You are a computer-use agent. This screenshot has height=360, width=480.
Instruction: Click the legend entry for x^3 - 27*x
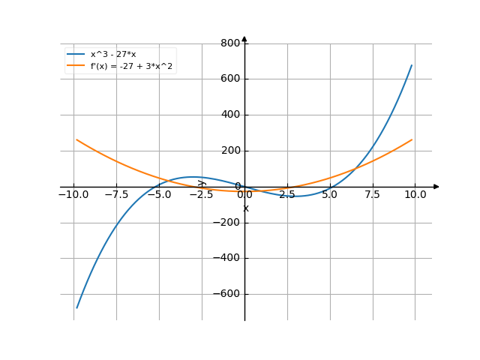pyautogui.click(x=113, y=55)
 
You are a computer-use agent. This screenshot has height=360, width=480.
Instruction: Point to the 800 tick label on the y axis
pyautogui.click(x=229, y=43)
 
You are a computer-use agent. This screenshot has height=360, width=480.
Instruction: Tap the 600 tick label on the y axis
pyautogui.click(x=229, y=79)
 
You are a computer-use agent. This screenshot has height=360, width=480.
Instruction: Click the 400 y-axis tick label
pyautogui.click(x=229, y=115)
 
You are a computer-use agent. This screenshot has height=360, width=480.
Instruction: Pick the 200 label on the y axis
pyautogui.click(x=229, y=151)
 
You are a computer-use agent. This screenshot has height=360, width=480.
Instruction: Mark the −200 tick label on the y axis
pyautogui.click(x=226, y=223)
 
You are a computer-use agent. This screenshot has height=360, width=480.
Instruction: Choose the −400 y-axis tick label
pyautogui.click(x=226, y=258)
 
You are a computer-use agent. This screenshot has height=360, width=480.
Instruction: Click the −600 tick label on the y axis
pyautogui.click(x=226, y=294)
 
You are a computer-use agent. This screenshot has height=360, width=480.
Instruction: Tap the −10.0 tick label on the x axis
pyautogui.click(x=73, y=194)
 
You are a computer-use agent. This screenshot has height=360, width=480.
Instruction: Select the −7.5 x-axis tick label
pyautogui.click(x=116, y=194)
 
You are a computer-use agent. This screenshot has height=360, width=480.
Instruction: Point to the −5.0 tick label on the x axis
pyautogui.click(x=159, y=194)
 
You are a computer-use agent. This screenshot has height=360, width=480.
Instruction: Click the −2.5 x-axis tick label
pyautogui.click(x=202, y=194)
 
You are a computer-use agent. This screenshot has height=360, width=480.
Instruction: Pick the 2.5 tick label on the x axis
pyautogui.click(x=287, y=194)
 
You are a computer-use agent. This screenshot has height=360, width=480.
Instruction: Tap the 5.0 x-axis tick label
pyautogui.click(x=330, y=194)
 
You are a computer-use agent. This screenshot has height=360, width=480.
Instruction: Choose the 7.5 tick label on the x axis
pyautogui.click(x=373, y=194)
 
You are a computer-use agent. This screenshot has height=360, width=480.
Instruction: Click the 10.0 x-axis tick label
pyautogui.click(x=415, y=194)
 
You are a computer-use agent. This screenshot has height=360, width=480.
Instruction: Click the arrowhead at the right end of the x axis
pyautogui.click(x=436, y=187)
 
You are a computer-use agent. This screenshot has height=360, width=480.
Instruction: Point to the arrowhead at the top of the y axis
pyautogui.click(x=244, y=39)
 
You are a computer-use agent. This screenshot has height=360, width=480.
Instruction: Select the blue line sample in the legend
pyautogui.click(x=76, y=55)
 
